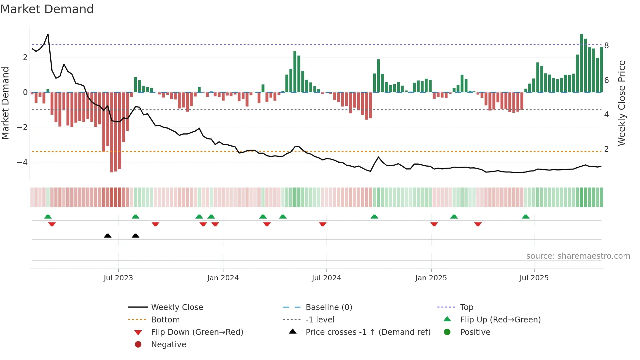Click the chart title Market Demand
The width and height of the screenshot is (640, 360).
click(x=47, y=9)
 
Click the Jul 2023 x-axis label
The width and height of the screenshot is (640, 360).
click(x=118, y=278)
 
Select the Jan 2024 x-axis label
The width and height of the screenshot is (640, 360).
click(x=223, y=278)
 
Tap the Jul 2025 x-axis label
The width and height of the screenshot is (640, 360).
click(x=534, y=278)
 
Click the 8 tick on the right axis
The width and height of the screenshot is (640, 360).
click(x=606, y=46)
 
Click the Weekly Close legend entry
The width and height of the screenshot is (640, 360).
click(x=177, y=307)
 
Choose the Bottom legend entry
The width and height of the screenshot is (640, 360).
click(x=165, y=320)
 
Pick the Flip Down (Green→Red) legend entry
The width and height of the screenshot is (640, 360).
click(x=197, y=332)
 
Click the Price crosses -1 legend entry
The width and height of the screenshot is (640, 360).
click(x=368, y=332)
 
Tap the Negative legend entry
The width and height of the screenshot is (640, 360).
click(x=168, y=345)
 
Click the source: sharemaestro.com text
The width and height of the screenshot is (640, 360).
click(x=578, y=256)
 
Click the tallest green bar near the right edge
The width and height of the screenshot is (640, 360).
click(x=581, y=62)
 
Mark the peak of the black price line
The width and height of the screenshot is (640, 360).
click(x=48, y=34)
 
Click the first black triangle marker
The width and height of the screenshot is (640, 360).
click(x=107, y=236)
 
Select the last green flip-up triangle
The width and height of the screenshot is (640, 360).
click(x=525, y=217)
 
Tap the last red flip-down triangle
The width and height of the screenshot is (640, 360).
click(x=478, y=224)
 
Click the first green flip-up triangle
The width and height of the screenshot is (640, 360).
click(x=48, y=217)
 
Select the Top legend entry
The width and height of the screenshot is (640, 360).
click(x=466, y=307)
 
